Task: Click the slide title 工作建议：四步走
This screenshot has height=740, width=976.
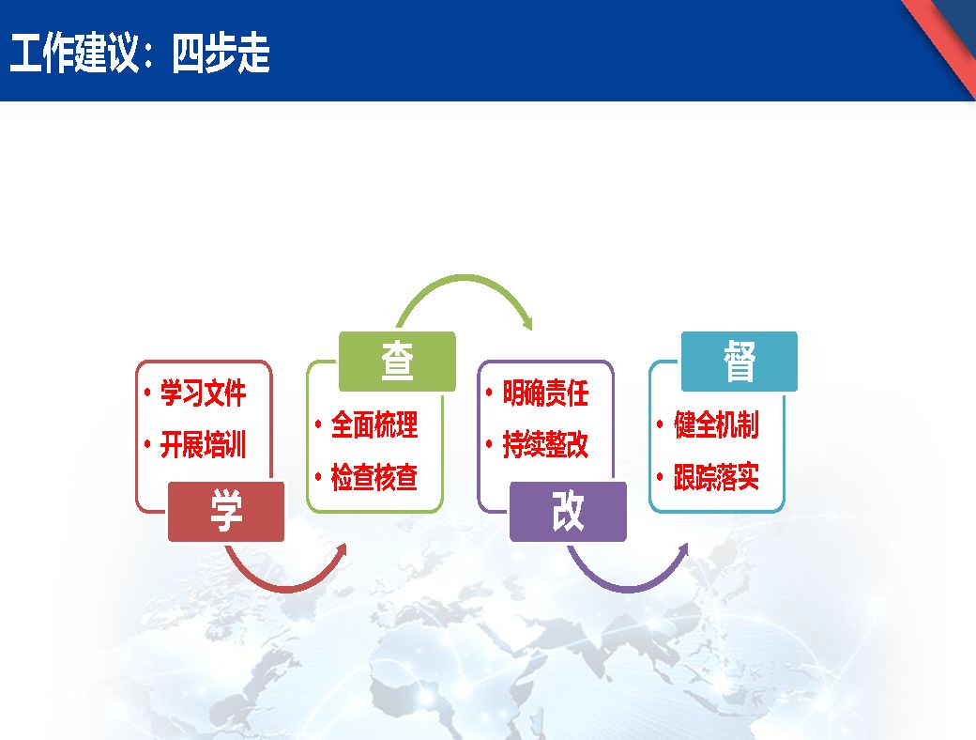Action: pyautogui.click(x=140, y=54)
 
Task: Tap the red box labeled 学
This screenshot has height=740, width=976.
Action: pyautogui.click(x=226, y=512)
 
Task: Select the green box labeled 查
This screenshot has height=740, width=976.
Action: pyautogui.click(x=397, y=362)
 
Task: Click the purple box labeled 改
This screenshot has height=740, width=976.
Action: pyautogui.click(x=568, y=512)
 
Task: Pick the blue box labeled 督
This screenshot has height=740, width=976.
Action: pyautogui.click(x=740, y=362)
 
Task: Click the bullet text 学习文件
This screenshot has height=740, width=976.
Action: pyautogui.click(x=203, y=393)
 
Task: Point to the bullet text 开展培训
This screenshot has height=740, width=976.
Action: pyautogui.click(x=203, y=445)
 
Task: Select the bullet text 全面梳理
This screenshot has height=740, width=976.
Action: pyautogui.click(x=374, y=424)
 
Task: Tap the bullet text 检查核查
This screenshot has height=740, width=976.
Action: pyautogui.click(x=374, y=477)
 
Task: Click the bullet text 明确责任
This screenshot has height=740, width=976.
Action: pyautogui.click(x=545, y=393)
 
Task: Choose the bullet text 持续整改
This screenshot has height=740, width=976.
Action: pyautogui.click(x=545, y=445)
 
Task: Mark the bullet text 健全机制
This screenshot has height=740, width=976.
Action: pyautogui.click(x=716, y=424)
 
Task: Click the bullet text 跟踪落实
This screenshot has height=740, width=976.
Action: pyautogui.click(x=716, y=477)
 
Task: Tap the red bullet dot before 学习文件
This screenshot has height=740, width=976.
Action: pyautogui.click(x=147, y=393)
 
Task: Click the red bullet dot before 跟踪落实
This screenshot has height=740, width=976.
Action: pyautogui.click(x=660, y=477)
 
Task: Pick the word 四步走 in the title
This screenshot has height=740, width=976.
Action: pyautogui.click(x=221, y=54)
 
